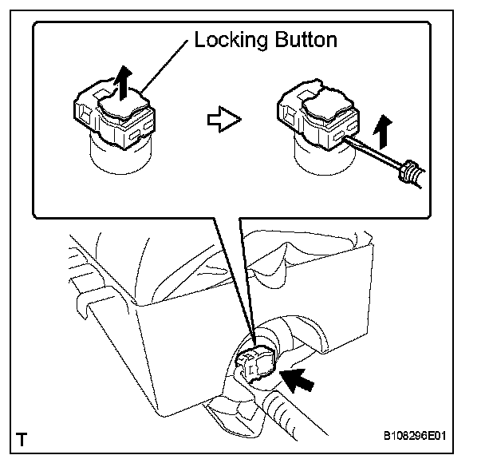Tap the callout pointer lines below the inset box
point(235,271)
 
